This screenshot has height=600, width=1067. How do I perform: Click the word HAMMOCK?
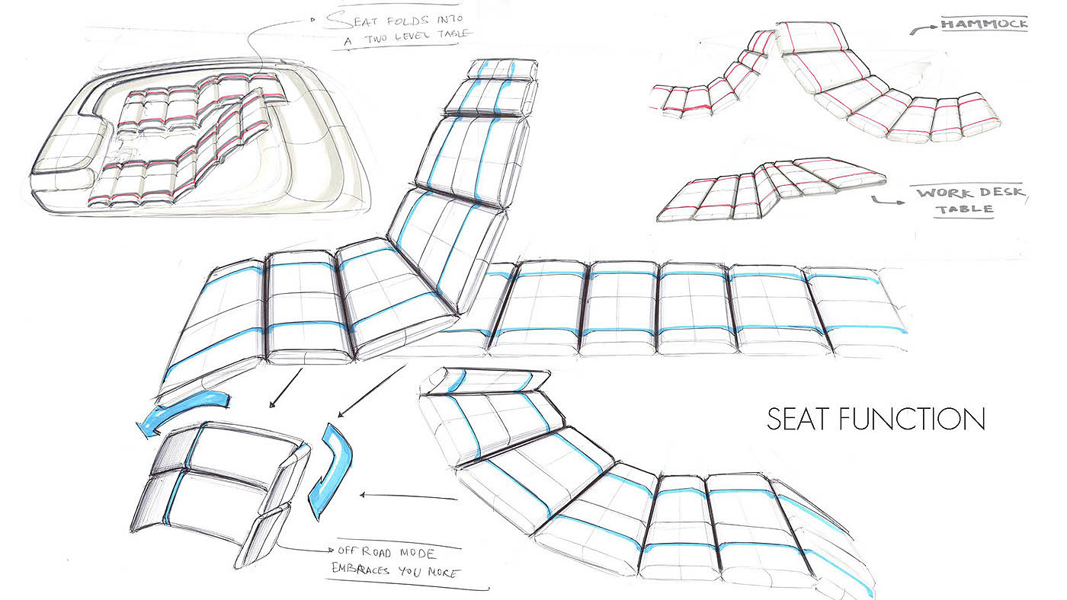(984, 24)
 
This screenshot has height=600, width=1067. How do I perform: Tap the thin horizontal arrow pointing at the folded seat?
(408, 496)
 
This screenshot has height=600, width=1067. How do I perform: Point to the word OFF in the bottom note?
(347, 550)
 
